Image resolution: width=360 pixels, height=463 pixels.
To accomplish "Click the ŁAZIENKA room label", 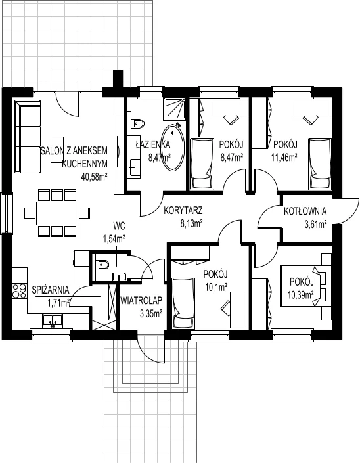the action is point(152,144).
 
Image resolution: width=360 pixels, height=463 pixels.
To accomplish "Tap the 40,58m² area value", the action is point(94,177).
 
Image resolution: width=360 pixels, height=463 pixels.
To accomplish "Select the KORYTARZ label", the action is point(183,211).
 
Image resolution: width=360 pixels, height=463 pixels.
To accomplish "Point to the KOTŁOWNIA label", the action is point(305,211).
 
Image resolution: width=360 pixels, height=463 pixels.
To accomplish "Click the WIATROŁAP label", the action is point(141,301).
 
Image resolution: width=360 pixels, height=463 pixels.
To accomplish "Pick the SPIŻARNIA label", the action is point(51,290).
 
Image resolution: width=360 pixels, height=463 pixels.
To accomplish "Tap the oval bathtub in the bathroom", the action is point(173,148).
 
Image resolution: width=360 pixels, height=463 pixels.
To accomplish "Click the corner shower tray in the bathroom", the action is point(175,109).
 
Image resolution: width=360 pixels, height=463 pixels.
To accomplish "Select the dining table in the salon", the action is point(57,213).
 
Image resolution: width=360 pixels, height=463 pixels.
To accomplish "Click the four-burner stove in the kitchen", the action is point(20,291).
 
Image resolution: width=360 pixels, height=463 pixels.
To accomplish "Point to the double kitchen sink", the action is point(53,320).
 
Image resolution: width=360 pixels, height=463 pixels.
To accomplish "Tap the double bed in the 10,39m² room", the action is point(306,286).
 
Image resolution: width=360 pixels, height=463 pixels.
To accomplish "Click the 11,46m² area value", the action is point(284,158).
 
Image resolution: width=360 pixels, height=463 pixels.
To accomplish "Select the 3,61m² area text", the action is point(315,225).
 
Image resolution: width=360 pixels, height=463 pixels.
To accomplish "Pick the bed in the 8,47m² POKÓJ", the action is point(202,164).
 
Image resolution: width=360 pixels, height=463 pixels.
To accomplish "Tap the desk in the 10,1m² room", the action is point(238,310).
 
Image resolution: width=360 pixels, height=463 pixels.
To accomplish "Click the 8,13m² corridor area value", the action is point(191,224).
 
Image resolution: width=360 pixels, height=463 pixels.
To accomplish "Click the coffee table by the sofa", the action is point(57,150).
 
